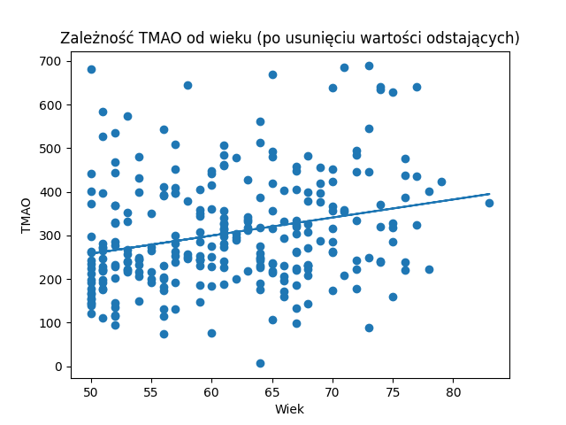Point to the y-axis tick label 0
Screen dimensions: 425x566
click(x=57, y=367)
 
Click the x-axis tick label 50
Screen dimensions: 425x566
click(x=91, y=391)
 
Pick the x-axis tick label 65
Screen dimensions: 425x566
click(x=272, y=391)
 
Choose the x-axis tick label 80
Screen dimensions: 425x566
click(x=453, y=391)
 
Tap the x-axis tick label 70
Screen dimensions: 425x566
click(x=333, y=391)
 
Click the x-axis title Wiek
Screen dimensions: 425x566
click(x=289, y=409)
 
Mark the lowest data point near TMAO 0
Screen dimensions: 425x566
click(x=260, y=363)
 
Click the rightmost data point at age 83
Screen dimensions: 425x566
click(x=489, y=203)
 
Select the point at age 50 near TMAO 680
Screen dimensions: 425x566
click(x=91, y=69)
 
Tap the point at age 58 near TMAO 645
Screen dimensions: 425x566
click(x=187, y=85)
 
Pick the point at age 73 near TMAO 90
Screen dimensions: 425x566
click(x=369, y=328)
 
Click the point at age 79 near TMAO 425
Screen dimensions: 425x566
click(x=441, y=182)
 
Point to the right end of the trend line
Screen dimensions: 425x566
click(x=489, y=194)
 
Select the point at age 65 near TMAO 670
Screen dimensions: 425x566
click(x=272, y=74)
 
